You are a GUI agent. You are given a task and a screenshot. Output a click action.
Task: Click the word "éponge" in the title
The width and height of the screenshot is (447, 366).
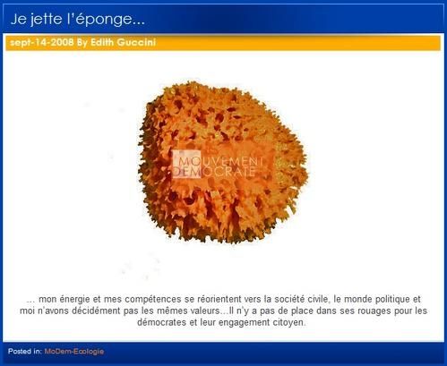tap(107, 20)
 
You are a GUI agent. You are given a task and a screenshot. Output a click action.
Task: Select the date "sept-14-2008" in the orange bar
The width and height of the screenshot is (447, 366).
tap(42, 42)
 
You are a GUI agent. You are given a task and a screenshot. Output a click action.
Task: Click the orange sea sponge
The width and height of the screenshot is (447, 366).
tap(222, 162)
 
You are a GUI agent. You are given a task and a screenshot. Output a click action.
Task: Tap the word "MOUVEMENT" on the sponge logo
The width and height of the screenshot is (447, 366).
tap(220, 161)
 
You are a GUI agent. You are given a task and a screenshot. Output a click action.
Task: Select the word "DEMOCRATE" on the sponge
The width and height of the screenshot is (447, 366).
tap(214, 172)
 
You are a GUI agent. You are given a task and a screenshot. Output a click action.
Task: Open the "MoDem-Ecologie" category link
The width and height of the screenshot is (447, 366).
tap(74, 352)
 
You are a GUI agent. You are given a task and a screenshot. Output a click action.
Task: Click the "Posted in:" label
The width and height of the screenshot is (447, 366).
tap(25, 352)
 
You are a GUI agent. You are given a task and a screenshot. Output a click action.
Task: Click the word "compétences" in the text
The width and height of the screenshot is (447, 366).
tap(153, 299)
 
